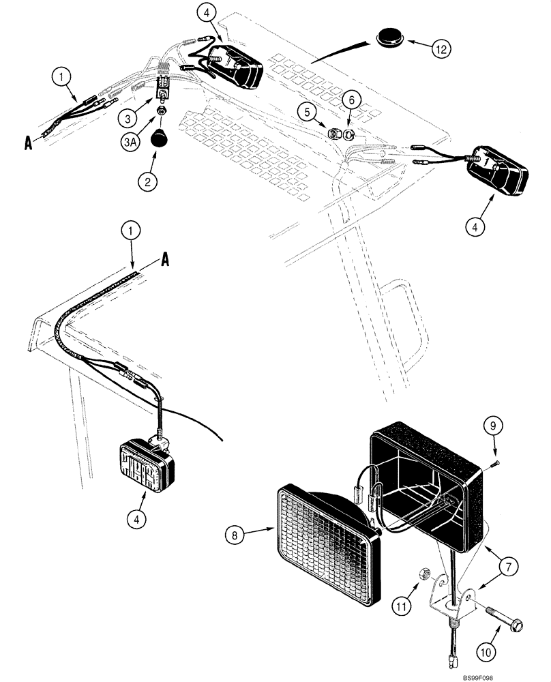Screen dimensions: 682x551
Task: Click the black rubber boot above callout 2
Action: (x=161, y=136)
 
